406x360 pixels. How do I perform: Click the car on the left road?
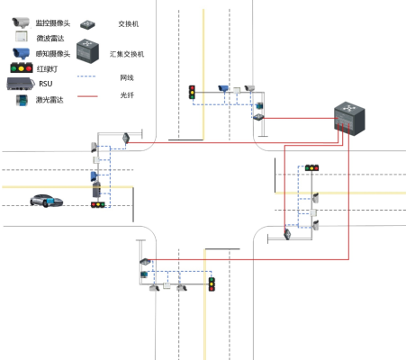coord(47,201)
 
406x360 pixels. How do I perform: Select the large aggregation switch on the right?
coord(349,118)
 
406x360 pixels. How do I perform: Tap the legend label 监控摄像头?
coord(53,23)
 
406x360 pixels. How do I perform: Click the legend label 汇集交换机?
coord(127,54)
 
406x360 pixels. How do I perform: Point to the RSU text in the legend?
coord(46,84)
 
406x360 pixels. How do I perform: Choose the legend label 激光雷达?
coord(50,100)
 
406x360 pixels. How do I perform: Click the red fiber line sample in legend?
coord(87,96)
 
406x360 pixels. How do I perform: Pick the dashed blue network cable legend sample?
coord(86,76)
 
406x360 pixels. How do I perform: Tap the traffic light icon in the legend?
coord(22,67)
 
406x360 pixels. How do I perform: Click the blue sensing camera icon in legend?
coord(21,53)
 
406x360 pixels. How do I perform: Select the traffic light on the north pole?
coord(192,92)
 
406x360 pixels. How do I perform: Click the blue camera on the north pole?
coord(223,88)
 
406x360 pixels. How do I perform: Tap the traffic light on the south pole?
coord(212,284)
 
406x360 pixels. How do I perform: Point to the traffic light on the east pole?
coord(311,167)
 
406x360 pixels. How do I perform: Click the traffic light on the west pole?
coord(98,204)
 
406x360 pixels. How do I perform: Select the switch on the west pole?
coord(126,138)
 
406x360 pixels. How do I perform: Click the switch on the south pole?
coord(145,262)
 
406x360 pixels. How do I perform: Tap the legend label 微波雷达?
coord(50,38)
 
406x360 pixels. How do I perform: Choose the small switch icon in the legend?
coord(87,24)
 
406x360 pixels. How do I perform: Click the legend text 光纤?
coord(127,95)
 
